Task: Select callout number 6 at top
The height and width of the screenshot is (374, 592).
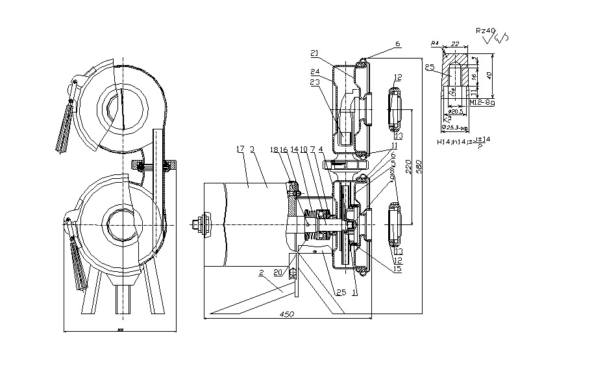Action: (397, 44)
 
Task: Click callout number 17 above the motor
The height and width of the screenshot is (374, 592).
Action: (241, 149)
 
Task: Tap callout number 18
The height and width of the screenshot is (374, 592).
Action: (273, 149)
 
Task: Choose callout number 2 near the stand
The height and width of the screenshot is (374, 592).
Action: (262, 274)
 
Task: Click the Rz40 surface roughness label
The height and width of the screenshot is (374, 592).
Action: (485, 30)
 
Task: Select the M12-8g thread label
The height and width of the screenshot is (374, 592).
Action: (481, 102)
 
